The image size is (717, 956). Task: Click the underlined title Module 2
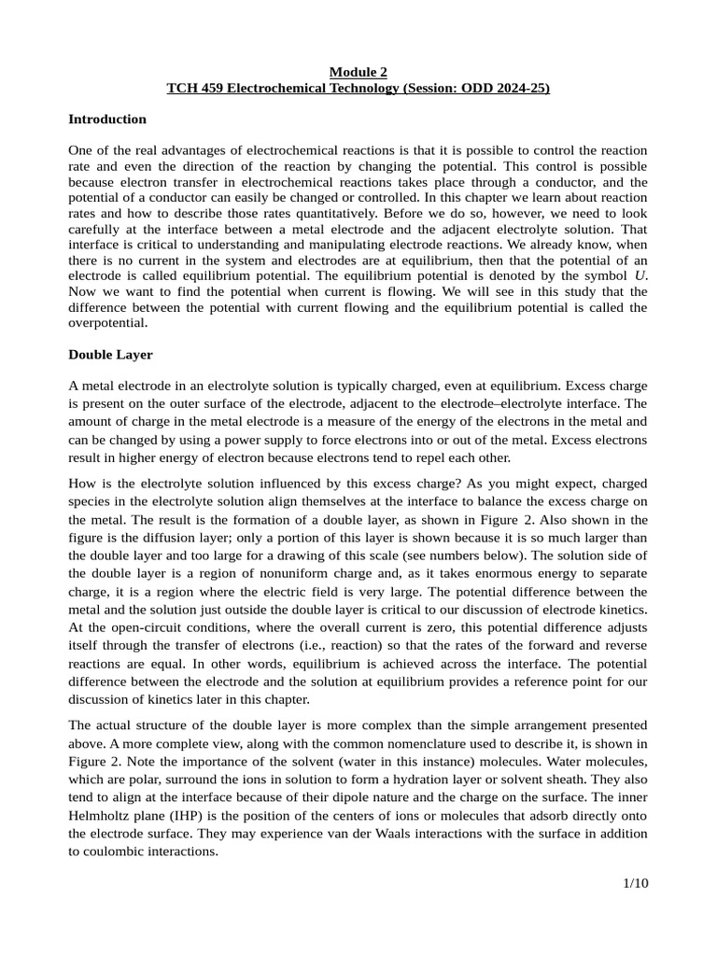point(358,72)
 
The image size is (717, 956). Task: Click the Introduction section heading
point(107,119)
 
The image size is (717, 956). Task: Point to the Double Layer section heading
point(110,355)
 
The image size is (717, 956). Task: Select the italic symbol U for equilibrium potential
point(639,276)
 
